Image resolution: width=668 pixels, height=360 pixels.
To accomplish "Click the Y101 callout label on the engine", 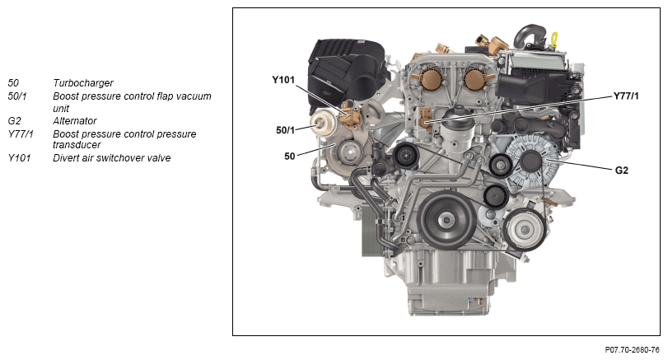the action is pyautogui.click(x=283, y=80).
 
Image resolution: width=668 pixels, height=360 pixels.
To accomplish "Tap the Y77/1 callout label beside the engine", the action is pyautogui.click(x=626, y=96).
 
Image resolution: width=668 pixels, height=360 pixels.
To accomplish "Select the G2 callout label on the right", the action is pyautogui.click(x=622, y=171).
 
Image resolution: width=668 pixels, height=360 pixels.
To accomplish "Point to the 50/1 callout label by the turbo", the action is pyautogui.click(x=286, y=130).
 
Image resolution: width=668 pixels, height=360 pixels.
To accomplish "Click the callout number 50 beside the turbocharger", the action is pyautogui.click(x=290, y=157).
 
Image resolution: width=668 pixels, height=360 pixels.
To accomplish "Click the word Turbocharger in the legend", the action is pyautogui.click(x=83, y=83).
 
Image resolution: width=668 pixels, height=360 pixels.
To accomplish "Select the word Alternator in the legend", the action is pyautogui.click(x=75, y=121).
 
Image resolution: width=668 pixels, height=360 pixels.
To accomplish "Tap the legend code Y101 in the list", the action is pyautogui.click(x=19, y=158).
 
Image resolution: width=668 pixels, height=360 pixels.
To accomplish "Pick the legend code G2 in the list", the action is pyautogui.click(x=14, y=121).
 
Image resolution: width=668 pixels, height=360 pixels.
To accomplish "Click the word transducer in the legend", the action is pyautogui.click(x=77, y=145).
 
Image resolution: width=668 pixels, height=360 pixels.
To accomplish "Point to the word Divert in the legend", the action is pyautogui.click(x=66, y=158).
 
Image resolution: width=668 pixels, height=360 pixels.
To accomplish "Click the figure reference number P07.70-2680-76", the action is pyautogui.click(x=633, y=350).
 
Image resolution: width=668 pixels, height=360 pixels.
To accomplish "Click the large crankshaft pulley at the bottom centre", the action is pyautogui.click(x=446, y=220).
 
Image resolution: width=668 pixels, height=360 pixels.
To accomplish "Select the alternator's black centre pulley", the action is pyautogui.click(x=531, y=161).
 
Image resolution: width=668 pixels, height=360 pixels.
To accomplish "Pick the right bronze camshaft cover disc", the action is pyautogui.click(x=474, y=79).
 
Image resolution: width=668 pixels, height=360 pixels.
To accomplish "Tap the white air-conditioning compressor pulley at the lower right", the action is pyautogui.click(x=525, y=230).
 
